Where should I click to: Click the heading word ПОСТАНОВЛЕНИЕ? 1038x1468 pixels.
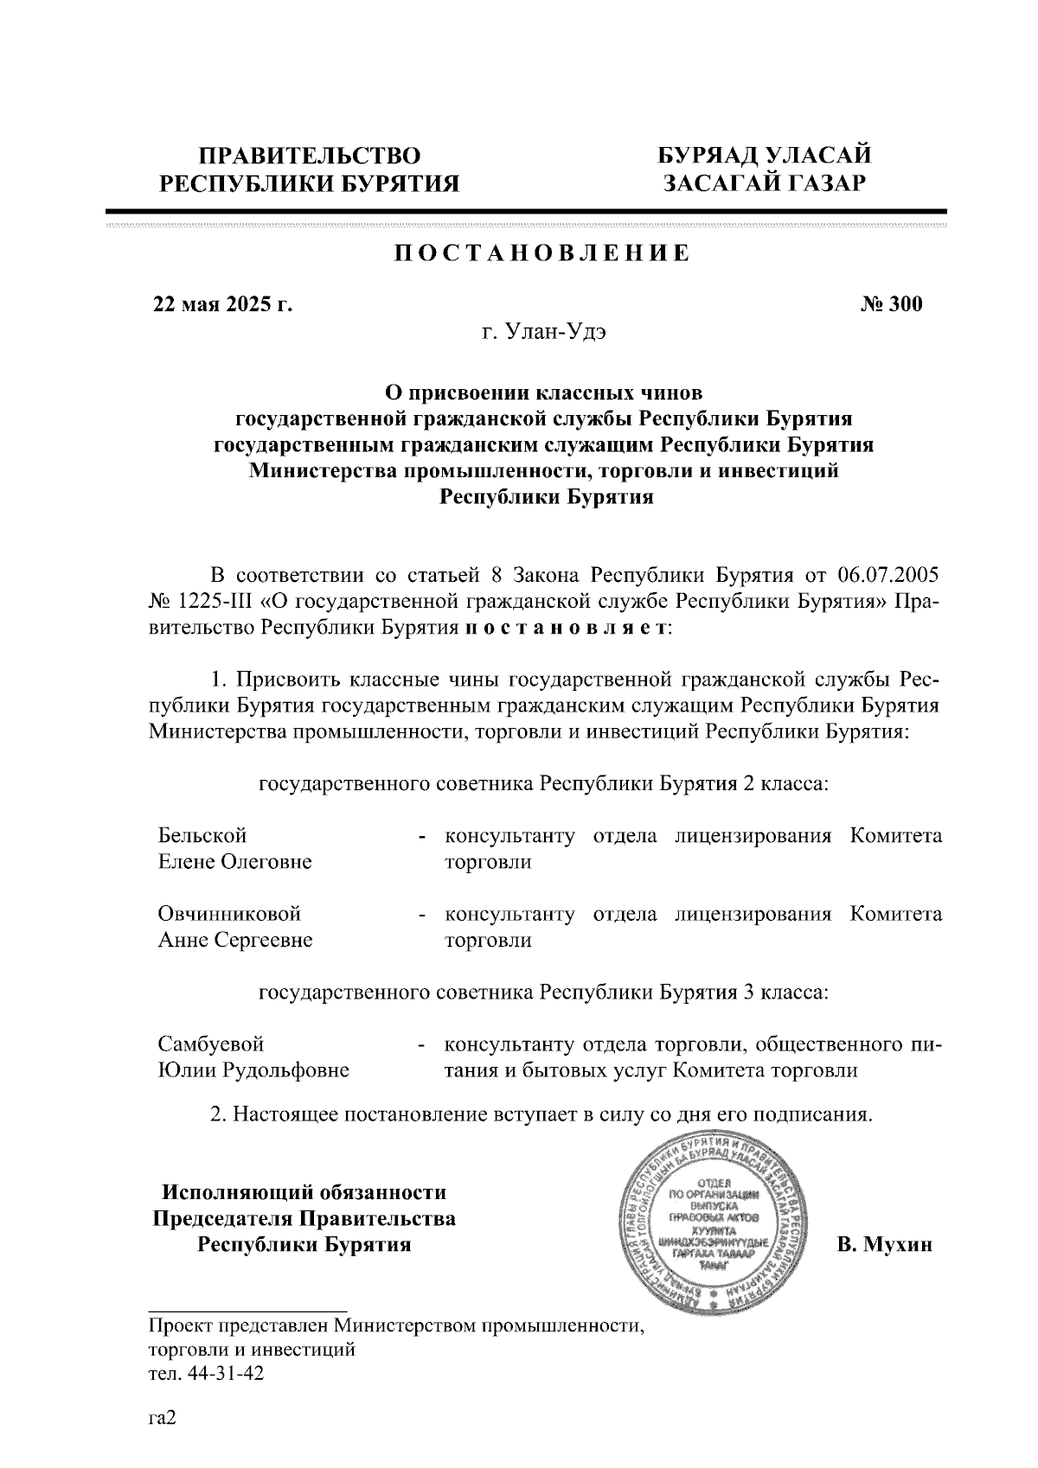coord(542,253)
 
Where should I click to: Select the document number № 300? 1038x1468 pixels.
coord(891,304)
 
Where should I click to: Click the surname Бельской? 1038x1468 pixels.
coord(202,836)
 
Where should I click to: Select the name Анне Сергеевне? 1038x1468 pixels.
coord(235,941)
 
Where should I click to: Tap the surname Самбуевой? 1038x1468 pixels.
coord(210,1044)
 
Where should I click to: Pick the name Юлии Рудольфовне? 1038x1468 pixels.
coord(253,1071)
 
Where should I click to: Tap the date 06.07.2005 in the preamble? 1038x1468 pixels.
coord(889,576)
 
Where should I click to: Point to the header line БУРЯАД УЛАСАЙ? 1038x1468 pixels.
coord(764,156)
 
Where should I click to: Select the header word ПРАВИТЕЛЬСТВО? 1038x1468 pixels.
coord(311,156)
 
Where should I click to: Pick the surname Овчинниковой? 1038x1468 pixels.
coord(229,914)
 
